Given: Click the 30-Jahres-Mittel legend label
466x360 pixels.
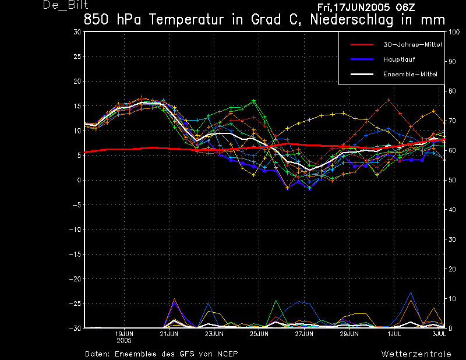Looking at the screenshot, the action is tap(412, 45).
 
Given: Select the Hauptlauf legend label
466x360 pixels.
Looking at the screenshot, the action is tap(399, 59).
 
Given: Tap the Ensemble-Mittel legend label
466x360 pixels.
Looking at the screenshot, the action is tap(410, 75).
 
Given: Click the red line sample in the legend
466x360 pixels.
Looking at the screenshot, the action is tap(362, 45).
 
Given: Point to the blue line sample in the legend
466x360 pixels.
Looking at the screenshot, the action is tap(362, 59).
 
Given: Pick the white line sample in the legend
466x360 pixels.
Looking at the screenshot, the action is tap(362, 75).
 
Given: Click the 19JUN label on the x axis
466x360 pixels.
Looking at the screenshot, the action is tap(124, 334).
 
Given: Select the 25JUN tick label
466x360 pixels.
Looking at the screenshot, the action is tap(259, 334).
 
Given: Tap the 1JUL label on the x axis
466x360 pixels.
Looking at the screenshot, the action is tap(394, 334).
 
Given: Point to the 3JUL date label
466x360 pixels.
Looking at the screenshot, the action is tap(439, 334).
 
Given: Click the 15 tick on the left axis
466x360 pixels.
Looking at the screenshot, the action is tap(77, 106).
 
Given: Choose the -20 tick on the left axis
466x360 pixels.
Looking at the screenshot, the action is tap(75, 279).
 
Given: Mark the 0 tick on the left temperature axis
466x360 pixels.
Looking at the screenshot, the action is tap(79, 180).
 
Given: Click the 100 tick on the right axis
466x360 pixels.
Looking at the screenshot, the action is tap(454, 32).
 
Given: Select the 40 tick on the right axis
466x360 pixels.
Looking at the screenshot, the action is tap(452, 210).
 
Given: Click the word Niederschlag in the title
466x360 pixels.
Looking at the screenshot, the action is tap(352, 20).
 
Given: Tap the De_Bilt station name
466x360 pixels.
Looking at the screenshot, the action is tap(65, 5).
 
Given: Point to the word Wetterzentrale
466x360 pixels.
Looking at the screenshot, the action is tap(416, 354).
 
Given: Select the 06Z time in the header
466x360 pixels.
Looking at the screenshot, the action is tap(405, 8).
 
